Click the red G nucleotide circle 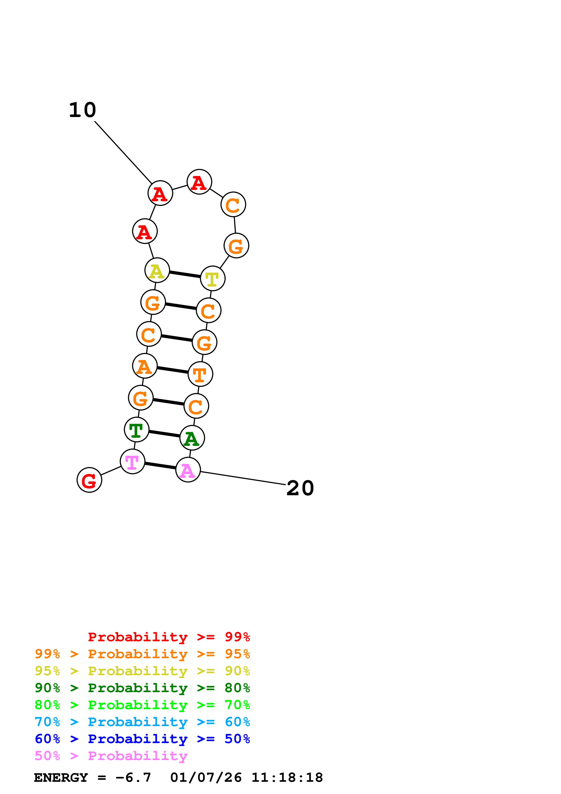tap(89, 480)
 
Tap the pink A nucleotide tap(188, 470)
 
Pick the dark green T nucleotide tap(136, 430)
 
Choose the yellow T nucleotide tap(212, 278)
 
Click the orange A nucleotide tap(145, 366)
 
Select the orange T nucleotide tap(201, 374)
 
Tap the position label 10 tap(83, 110)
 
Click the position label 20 tap(300, 488)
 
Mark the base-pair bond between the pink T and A tap(160, 466)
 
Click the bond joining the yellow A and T tap(185, 274)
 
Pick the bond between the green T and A tap(165, 434)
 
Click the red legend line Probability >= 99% tap(169, 637)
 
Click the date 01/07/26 tap(206, 777)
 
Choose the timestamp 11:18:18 tap(287, 777)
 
